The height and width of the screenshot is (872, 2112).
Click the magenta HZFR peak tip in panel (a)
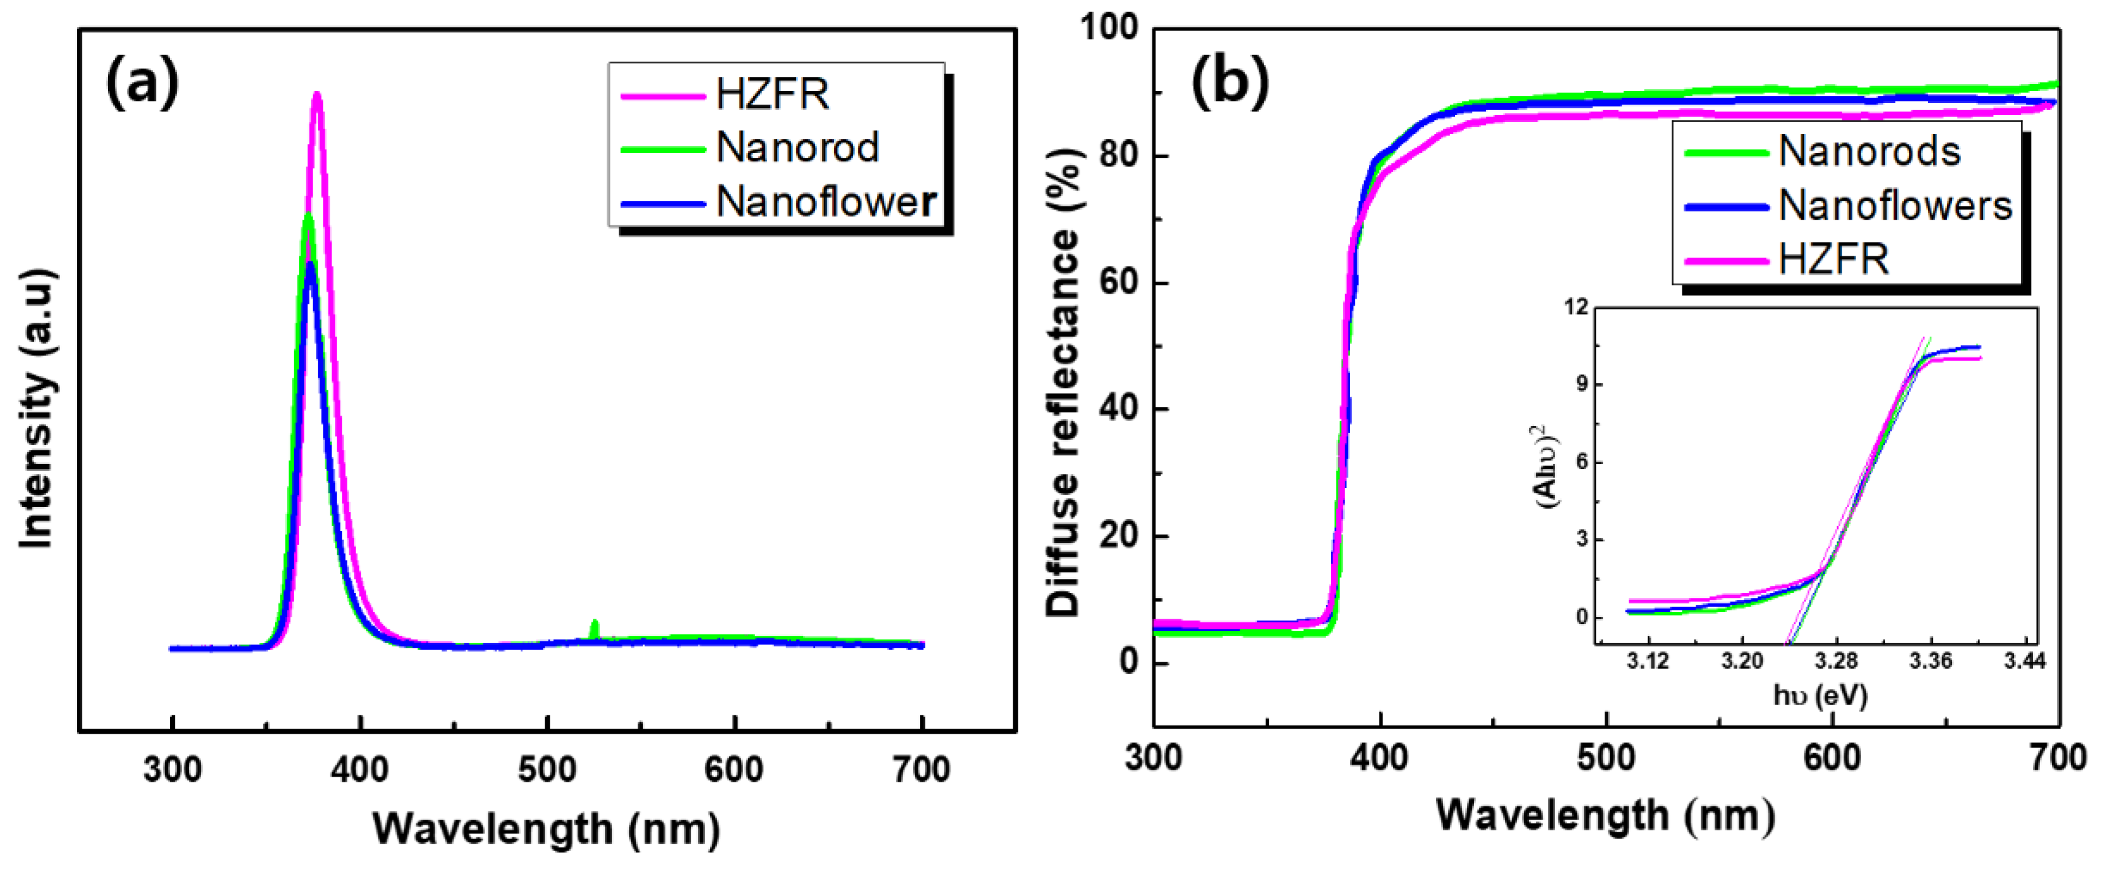[317, 96]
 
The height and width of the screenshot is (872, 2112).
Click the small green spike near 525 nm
[594, 627]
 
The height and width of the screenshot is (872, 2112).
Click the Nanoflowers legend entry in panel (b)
[1895, 206]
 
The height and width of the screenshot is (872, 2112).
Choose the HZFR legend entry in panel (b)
[1833, 260]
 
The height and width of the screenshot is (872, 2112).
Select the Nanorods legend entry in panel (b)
[1869, 152]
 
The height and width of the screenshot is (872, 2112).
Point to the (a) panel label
[143, 82]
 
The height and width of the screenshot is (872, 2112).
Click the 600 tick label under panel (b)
[1831, 758]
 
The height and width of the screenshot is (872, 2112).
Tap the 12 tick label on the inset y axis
[1576, 308]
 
